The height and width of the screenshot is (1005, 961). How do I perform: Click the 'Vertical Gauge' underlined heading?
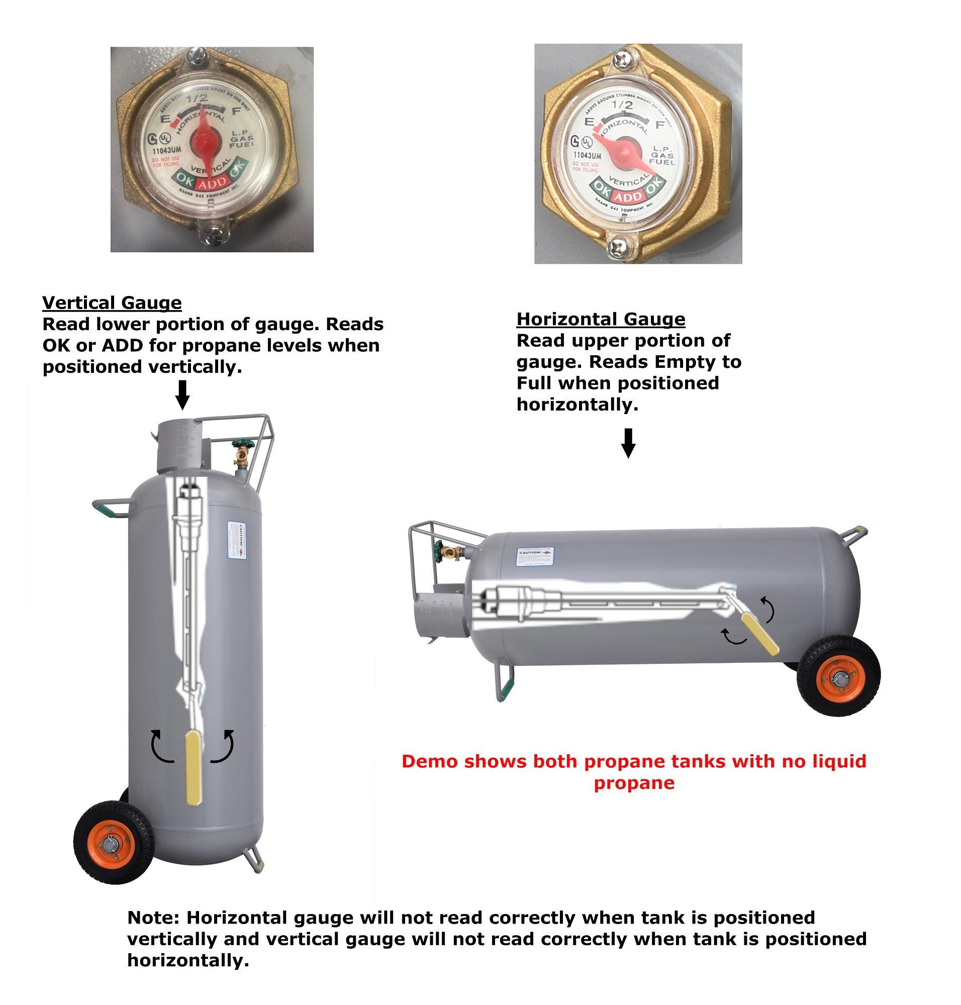pos(112,303)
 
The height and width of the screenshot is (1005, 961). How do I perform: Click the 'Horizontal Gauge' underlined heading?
pos(600,319)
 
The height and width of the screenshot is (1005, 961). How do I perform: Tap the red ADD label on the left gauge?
pos(212,183)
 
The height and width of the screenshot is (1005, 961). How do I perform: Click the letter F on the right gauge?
pos(660,125)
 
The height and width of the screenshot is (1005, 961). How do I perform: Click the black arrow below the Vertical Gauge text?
pos(182,395)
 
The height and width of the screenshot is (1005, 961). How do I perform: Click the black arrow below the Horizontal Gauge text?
pos(629,443)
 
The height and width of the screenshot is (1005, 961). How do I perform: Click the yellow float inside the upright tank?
pos(193,768)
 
